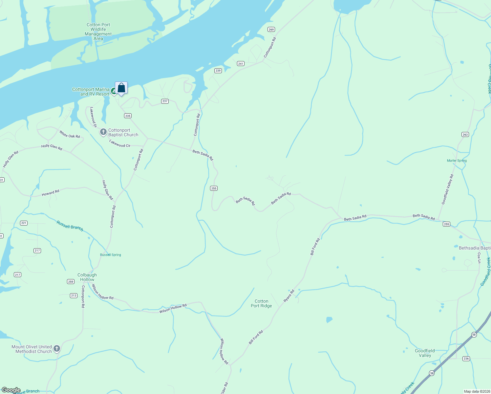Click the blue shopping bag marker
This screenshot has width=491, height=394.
(121, 88)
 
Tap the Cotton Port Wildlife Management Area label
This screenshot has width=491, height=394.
(98, 32)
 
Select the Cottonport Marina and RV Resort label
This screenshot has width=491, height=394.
(91, 92)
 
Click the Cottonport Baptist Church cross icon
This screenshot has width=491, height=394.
(103, 132)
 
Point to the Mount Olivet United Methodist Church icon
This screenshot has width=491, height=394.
(57, 349)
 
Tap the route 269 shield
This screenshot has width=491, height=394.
(271, 30)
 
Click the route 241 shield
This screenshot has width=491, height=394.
(241, 64)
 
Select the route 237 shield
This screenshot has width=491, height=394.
(165, 101)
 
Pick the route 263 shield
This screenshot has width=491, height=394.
(465, 135)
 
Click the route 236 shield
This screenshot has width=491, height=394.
(466, 359)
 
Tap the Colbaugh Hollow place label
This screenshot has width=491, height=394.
(87, 277)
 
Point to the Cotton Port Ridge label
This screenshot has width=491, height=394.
(261, 304)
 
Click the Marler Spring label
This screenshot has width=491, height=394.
(457, 161)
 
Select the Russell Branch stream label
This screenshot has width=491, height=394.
(70, 226)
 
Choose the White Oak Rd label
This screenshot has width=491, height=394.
(70, 134)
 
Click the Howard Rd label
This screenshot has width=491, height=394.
(51, 193)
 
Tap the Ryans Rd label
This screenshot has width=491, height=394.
(289, 296)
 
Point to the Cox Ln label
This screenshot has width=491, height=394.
(479, 258)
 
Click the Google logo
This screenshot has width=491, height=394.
(11, 390)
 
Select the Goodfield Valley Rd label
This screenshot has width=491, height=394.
(447, 189)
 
